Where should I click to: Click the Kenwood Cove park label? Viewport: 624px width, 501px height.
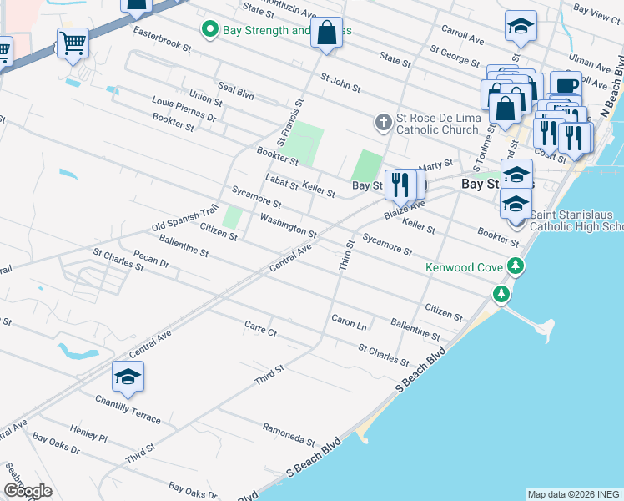(x=464, y=268)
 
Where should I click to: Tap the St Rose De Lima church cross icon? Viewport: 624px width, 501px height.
(x=383, y=124)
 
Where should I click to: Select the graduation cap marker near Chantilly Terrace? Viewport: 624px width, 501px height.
(x=128, y=377)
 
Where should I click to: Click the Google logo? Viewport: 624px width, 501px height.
(x=28, y=491)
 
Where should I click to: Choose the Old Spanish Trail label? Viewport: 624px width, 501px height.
(x=184, y=218)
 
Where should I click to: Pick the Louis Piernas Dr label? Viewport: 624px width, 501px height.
(x=184, y=109)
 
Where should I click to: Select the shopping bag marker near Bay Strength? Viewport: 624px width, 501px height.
(x=328, y=34)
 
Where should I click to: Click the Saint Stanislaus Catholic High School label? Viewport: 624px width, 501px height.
(x=576, y=220)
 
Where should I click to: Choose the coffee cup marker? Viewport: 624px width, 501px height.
(x=566, y=86)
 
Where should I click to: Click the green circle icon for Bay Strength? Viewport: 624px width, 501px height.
(x=210, y=31)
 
